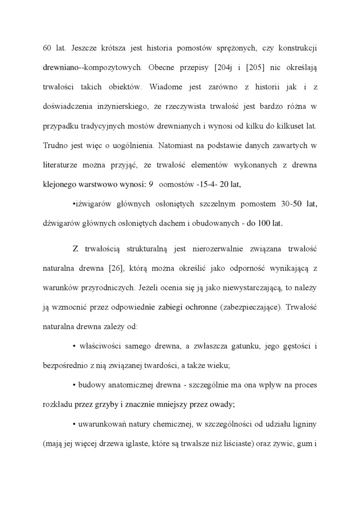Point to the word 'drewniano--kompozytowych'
[x=92, y=68]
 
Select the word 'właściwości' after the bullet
[x=99, y=346]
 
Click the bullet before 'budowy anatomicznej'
[x=75, y=385]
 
